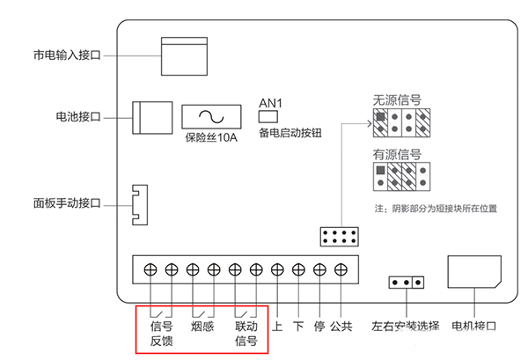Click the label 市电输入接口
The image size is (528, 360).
67,55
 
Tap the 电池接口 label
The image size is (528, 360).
77,116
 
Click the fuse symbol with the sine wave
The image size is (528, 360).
212,117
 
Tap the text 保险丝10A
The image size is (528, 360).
211,137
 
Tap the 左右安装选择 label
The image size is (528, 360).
406,327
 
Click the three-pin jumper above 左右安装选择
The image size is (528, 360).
406,283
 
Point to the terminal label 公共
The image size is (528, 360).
341,327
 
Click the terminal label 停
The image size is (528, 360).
319,327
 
